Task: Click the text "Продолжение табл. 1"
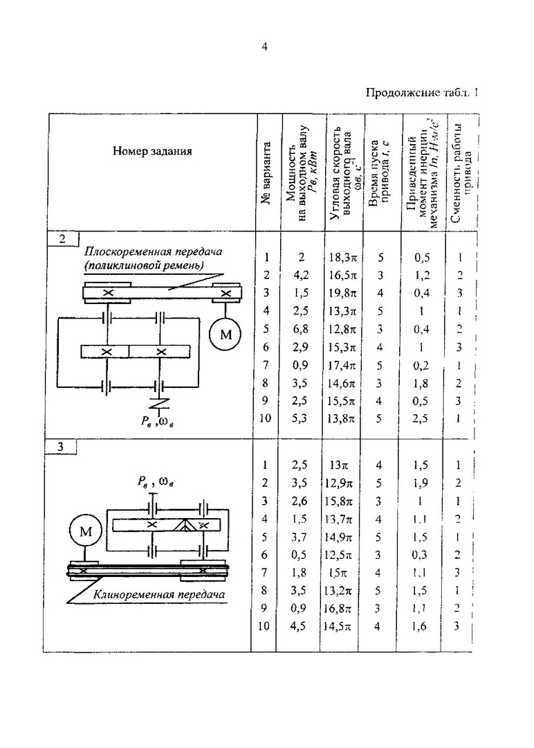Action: [422, 92]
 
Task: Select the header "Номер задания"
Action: [152, 151]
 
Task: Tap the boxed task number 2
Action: [63, 240]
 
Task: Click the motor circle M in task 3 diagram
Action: [86, 532]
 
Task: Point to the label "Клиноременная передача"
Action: [160, 594]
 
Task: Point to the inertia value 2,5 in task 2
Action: [422, 418]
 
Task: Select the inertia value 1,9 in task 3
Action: [422, 482]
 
